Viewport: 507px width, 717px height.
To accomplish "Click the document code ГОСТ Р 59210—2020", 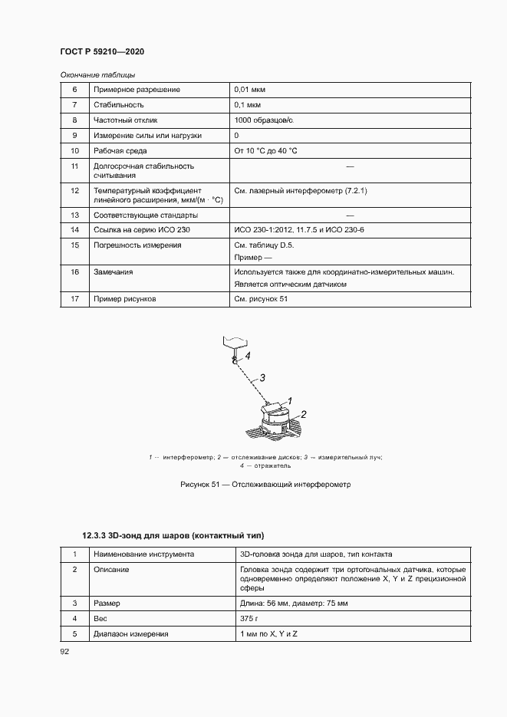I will click(102, 51).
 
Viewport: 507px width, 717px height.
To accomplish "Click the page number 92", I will click(64, 651).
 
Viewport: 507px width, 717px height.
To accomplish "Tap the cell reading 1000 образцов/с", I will click(264, 120).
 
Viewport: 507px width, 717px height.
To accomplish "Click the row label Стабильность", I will click(118, 105).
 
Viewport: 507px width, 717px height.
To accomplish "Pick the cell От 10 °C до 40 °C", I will click(266, 151).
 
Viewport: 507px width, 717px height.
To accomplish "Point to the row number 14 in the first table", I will click(75, 230).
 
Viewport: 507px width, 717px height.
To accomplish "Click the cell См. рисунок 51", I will click(261, 298).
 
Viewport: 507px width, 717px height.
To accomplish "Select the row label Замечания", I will click(113, 271).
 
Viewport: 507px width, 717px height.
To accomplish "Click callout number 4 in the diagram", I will click(248, 355).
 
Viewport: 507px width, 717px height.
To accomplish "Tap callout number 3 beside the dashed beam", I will click(262, 377).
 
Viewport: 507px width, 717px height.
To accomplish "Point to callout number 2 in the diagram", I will click(304, 414).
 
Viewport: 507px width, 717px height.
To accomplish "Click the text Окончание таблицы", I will click(97, 74).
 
